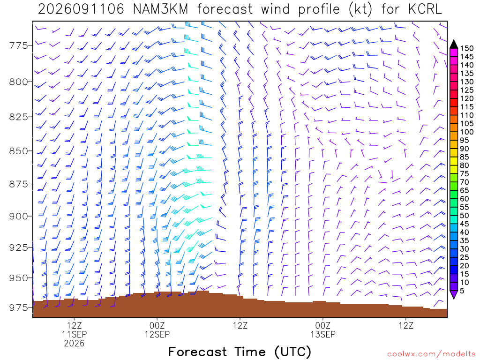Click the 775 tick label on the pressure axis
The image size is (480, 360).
tap(18, 45)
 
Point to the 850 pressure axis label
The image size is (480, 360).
tap(18, 151)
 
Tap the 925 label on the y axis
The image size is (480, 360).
tap(18, 247)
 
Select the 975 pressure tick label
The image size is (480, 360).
tap(18, 307)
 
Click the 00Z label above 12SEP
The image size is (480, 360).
tap(157, 325)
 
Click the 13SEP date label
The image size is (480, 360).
tap(323, 334)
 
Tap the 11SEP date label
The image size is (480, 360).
tap(74, 334)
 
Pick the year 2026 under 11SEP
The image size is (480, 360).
tap(74, 343)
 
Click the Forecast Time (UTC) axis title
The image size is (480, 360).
tap(240, 352)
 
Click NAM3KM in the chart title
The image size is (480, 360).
tap(160, 9)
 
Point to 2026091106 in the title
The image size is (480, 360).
tap(81, 9)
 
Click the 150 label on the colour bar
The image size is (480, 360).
tap(467, 48)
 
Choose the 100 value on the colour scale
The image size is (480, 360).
tap(467, 132)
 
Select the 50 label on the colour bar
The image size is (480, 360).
tap(465, 216)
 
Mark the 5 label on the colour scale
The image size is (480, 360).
tap(463, 291)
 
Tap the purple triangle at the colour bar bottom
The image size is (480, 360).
tap(454, 294)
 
